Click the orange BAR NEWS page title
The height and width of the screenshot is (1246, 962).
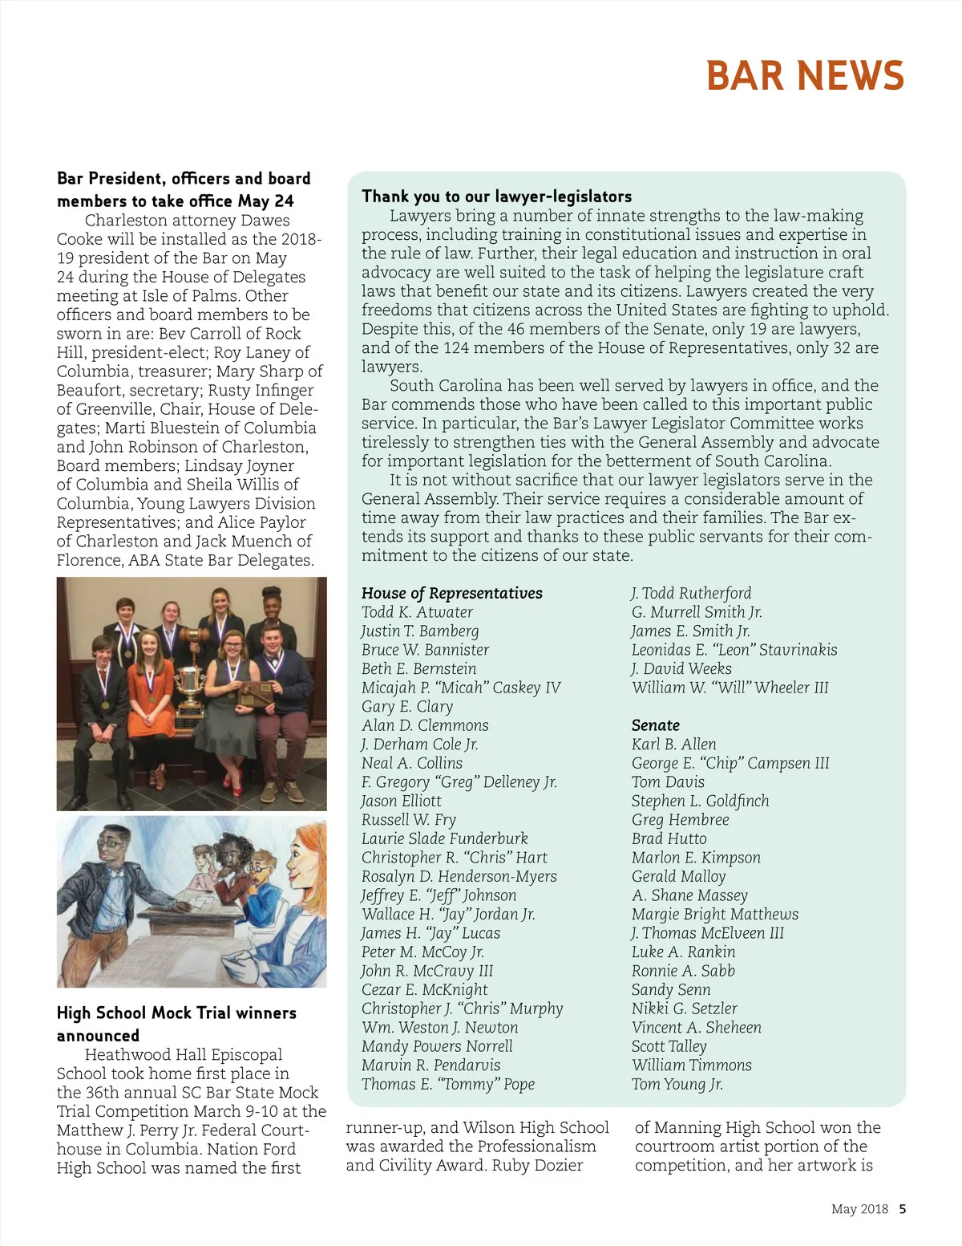point(805,76)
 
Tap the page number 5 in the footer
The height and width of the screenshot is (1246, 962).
point(903,1209)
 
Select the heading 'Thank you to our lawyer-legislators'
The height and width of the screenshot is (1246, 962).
point(496,197)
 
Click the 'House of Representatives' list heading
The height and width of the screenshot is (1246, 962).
point(451,593)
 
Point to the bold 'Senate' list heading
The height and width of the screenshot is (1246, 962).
point(655,725)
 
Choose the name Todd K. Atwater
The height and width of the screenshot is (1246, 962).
point(417,612)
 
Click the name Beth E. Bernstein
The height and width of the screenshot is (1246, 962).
point(418,668)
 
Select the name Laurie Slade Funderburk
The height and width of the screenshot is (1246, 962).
point(444,838)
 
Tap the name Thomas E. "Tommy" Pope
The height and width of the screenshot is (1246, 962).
point(447,1084)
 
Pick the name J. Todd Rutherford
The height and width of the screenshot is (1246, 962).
point(691,593)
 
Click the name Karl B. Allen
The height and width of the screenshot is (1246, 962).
point(673,744)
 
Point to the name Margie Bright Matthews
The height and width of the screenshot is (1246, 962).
point(714,914)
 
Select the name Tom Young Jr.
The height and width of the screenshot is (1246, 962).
point(677,1084)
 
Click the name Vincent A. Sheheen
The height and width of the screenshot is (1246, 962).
point(696,1027)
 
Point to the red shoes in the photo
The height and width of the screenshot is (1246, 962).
point(231,780)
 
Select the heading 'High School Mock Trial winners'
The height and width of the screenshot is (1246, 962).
point(176,1013)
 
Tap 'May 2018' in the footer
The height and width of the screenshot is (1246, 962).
point(859,1209)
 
